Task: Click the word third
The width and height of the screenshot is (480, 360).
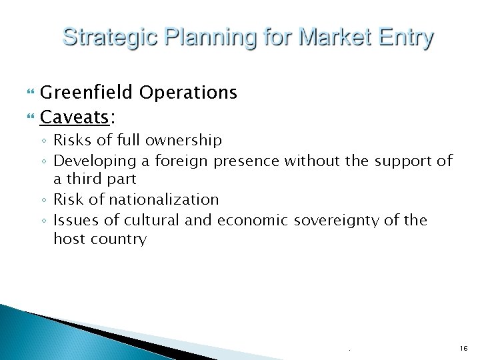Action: pyautogui.click(x=97, y=180)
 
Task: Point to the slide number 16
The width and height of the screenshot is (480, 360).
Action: pyautogui.click(x=464, y=348)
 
